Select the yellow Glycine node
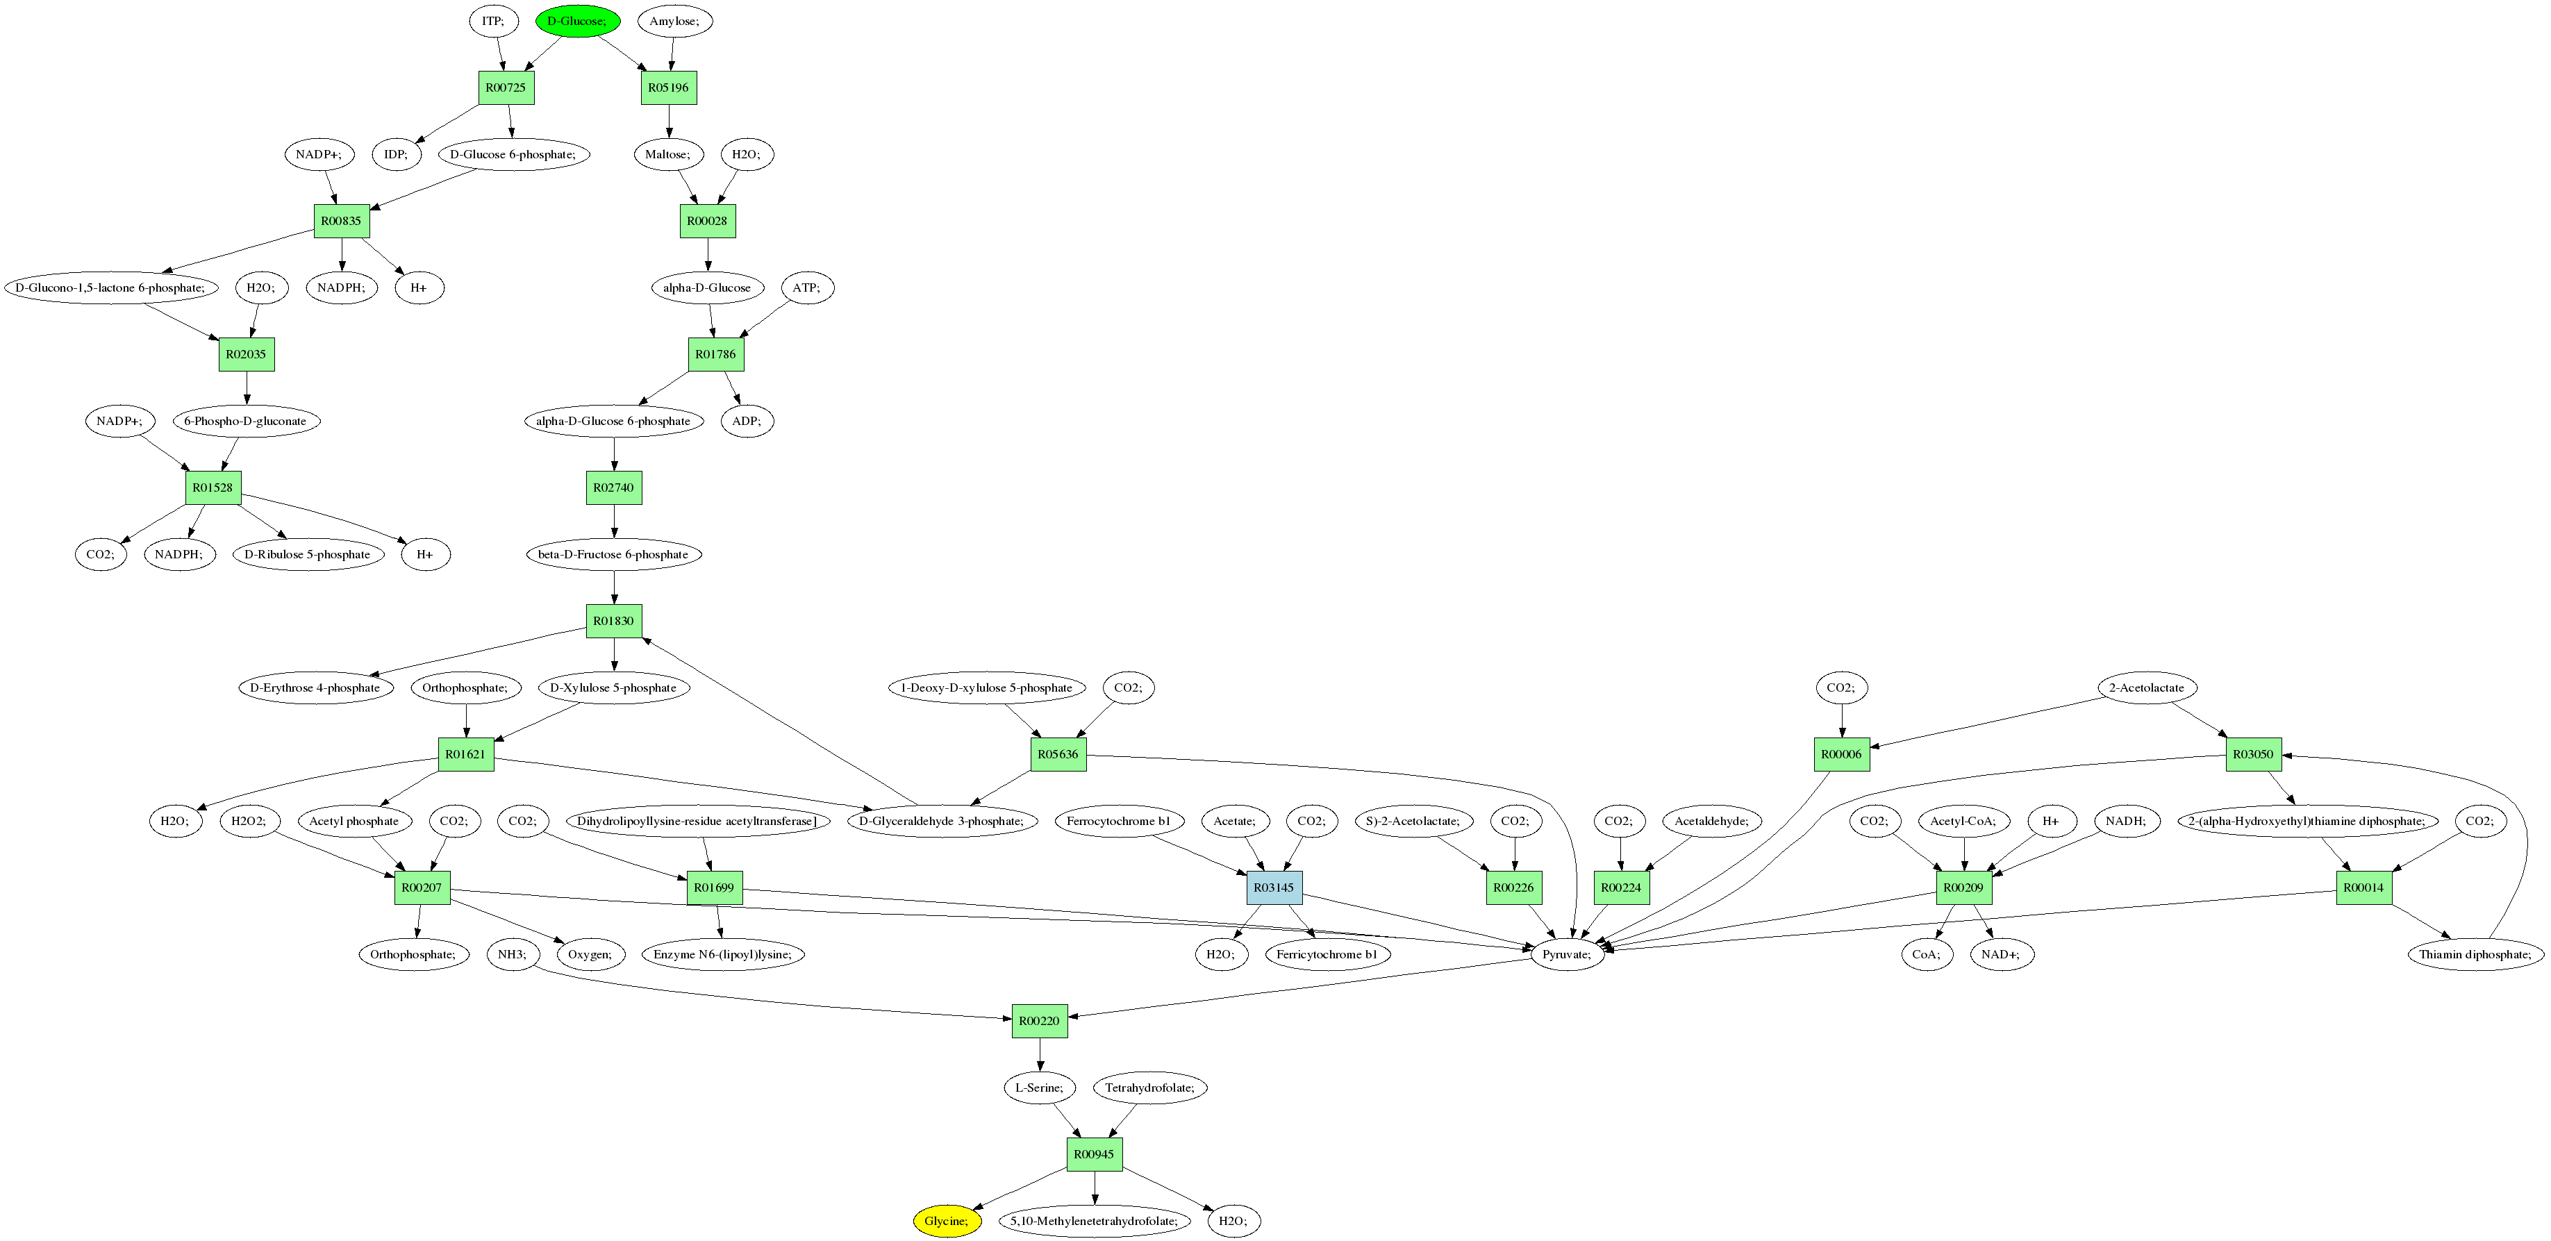coord(947,1221)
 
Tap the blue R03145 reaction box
coord(1274,888)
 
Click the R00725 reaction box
coord(506,88)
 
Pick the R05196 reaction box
coord(668,88)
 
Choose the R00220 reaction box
coord(1039,1020)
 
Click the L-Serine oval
coord(1039,1088)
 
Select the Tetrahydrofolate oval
coord(1149,1088)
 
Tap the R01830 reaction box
coord(614,621)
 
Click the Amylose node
coord(674,21)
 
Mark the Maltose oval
coord(667,154)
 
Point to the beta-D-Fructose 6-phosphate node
coord(613,555)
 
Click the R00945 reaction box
coord(1095,1153)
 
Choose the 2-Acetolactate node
coord(2146,688)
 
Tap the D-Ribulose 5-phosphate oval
coord(307,555)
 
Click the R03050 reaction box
coord(2253,753)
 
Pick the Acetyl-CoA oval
coord(1963,821)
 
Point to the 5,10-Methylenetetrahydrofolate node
coord(1095,1221)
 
